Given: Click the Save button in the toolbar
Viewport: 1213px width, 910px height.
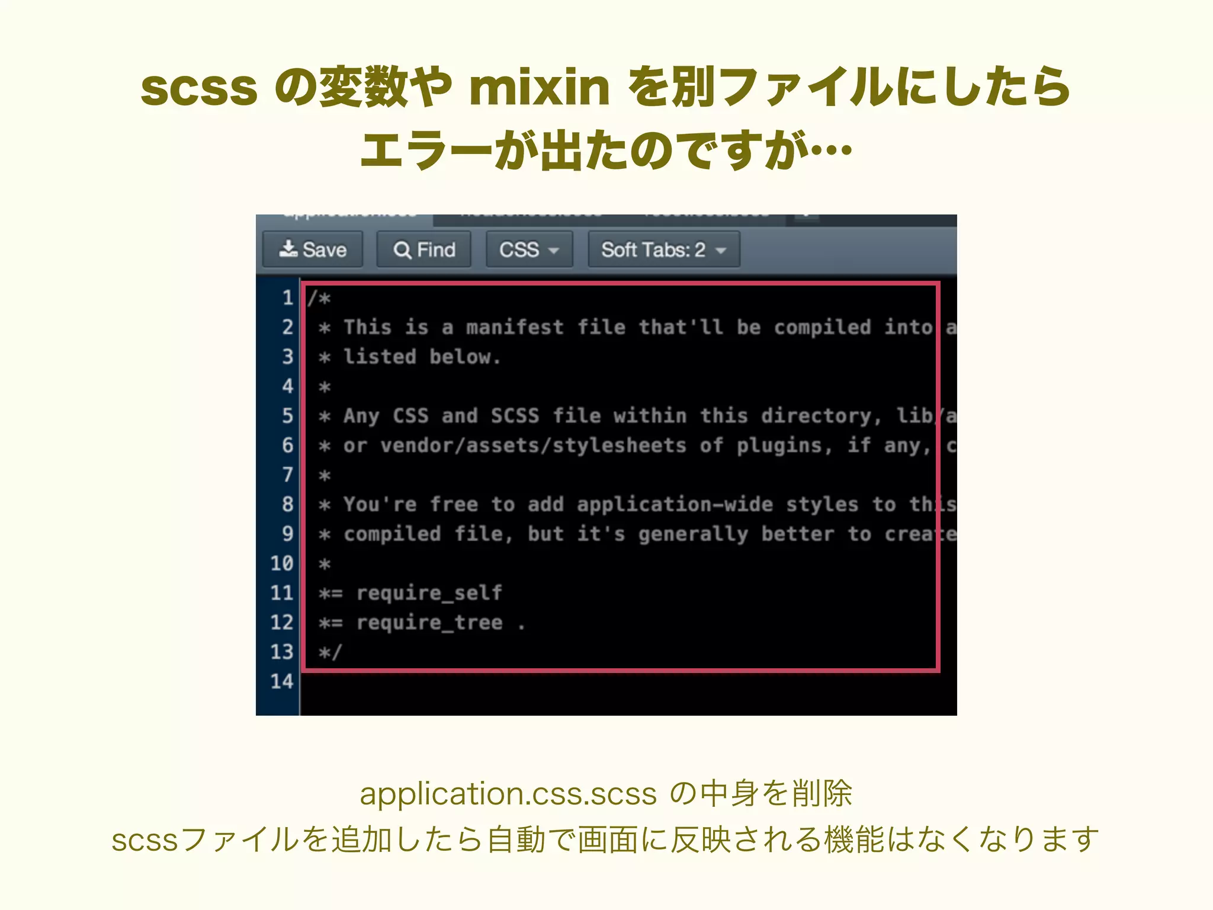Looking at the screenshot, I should [x=313, y=249].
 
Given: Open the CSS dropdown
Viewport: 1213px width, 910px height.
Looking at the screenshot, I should [x=529, y=249].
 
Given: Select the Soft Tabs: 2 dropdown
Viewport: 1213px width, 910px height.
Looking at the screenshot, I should [x=663, y=249].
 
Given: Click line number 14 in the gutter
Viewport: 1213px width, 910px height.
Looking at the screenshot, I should [x=282, y=681].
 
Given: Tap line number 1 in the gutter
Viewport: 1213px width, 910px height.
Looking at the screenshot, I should [x=287, y=297].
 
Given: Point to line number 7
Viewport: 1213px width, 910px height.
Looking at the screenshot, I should [x=287, y=475].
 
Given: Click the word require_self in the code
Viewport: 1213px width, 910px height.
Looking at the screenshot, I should [x=429, y=592].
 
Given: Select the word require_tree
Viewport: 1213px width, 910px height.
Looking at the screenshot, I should [x=429, y=622].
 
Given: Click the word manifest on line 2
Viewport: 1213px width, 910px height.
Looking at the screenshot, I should [x=515, y=327].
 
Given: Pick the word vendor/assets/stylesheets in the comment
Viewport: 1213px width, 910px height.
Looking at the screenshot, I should [x=533, y=446].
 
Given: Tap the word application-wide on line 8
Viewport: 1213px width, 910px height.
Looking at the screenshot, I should [x=675, y=504].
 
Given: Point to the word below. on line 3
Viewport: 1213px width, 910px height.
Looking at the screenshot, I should [x=466, y=357].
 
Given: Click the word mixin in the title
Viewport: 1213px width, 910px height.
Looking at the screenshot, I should [x=539, y=88].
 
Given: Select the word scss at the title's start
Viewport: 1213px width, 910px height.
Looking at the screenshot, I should [x=199, y=88].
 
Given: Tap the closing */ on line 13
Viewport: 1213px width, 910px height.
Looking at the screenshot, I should [x=330, y=652].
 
